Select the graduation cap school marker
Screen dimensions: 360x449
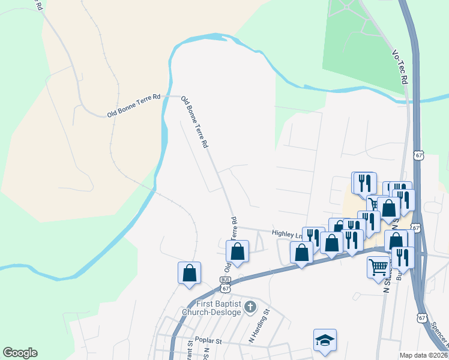coord(325,340)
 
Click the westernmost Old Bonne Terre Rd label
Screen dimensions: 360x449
coord(134,105)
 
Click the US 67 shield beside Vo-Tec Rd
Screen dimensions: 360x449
coord(418,155)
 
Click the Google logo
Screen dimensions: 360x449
coord(20,353)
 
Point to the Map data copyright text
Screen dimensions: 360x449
coord(423,355)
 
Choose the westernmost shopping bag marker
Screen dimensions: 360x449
coord(190,273)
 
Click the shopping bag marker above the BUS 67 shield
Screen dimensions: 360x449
coord(238,252)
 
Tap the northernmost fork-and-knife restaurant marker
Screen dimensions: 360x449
coord(363,182)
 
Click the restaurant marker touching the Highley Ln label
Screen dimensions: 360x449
coord(313,237)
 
